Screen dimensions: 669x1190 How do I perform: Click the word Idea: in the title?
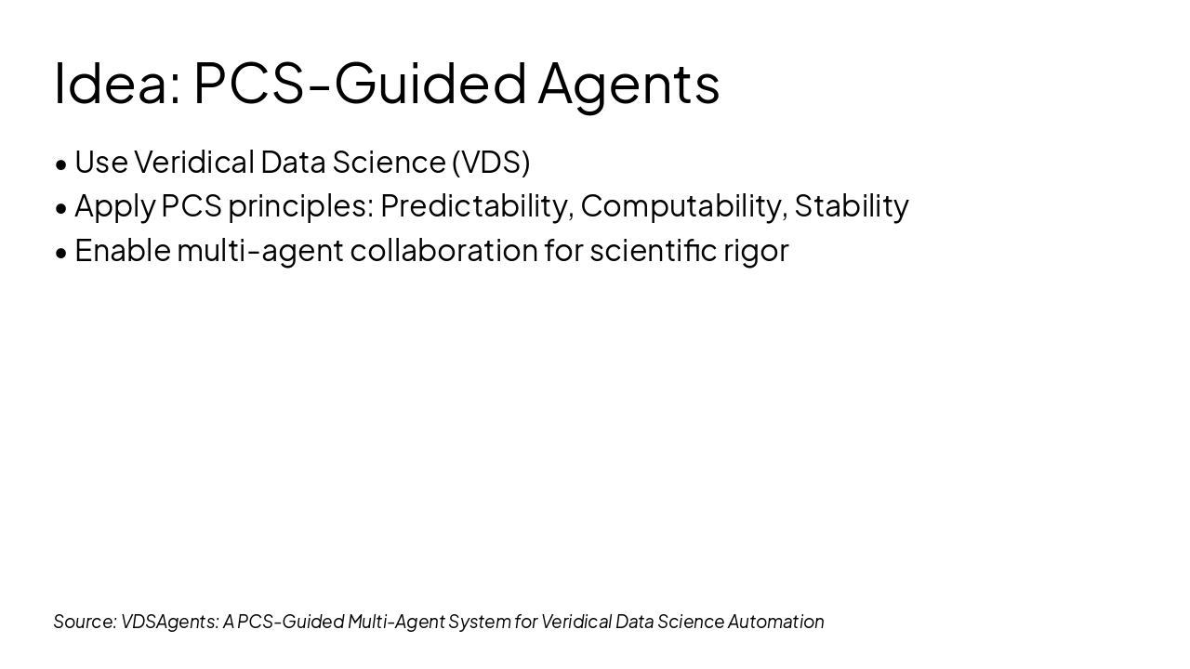click(x=117, y=84)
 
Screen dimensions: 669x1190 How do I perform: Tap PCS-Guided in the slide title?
click(x=360, y=84)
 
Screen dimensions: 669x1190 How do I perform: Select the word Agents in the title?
click(x=628, y=84)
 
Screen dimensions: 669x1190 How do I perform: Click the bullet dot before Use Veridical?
click(x=61, y=164)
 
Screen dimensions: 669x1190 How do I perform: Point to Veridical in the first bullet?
click(x=193, y=162)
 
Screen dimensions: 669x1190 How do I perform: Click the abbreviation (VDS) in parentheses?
click(x=491, y=162)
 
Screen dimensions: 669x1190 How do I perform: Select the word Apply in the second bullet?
click(x=114, y=206)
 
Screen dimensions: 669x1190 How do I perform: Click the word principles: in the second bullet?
click(x=300, y=206)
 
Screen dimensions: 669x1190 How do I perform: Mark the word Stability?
click(x=852, y=206)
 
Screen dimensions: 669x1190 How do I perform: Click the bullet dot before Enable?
click(x=61, y=253)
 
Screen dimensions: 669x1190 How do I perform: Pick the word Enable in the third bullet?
click(x=122, y=250)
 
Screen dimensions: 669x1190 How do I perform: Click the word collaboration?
click(x=443, y=250)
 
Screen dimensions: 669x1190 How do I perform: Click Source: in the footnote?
click(x=85, y=622)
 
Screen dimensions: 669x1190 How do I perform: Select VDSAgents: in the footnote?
click(x=169, y=622)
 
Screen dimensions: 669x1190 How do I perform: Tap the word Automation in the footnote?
click(x=775, y=622)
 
